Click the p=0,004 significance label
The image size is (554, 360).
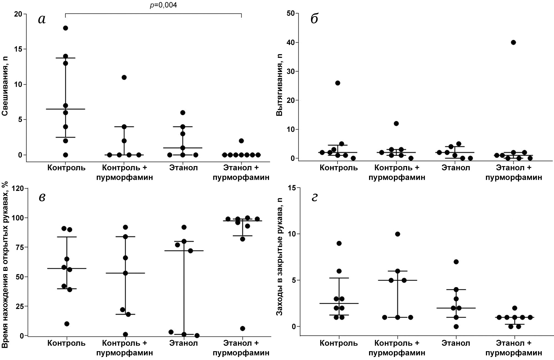pyautogui.click(x=163, y=5)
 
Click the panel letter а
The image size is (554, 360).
pyautogui.click(x=42, y=19)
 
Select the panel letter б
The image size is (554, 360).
pyautogui.click(x=314, y=19)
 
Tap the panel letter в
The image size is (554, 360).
pyautogui.click(x=42, y=197)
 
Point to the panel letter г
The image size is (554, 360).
pyautogui.click(x=314, y=197)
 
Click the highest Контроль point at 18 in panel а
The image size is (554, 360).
pyautogui.click(x=66, y=28)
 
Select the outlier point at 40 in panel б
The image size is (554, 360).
pyautogui.click(x=513, y=42)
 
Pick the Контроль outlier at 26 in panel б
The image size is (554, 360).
pyautogui.click(x=337, y=83)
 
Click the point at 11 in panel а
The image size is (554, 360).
pyautogui.click(x=124, y=77)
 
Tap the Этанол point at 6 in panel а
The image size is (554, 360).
pyautogui.click(x=183, y=113)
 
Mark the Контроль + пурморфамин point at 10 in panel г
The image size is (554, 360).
pyautogui.click(x=397, y=234)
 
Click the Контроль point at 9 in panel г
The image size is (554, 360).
pyautogui.click(x=339, y=243)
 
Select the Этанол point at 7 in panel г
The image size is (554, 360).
pyautogui.click(x=456, y=262)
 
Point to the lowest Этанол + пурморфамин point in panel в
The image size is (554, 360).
pyautogui.click(x=243, y=329)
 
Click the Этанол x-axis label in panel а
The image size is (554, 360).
pyautogui.click(x=184, y=168)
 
